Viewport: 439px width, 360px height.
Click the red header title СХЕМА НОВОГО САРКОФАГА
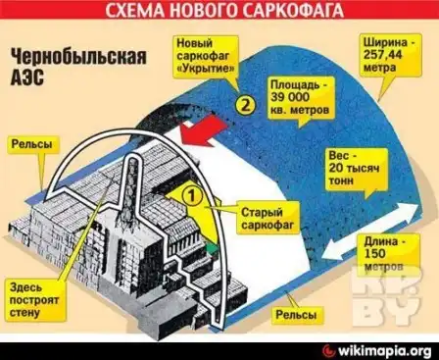pos(219,12)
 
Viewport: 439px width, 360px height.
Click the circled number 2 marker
pos(244,102)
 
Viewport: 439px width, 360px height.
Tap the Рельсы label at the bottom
pos(296,314)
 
